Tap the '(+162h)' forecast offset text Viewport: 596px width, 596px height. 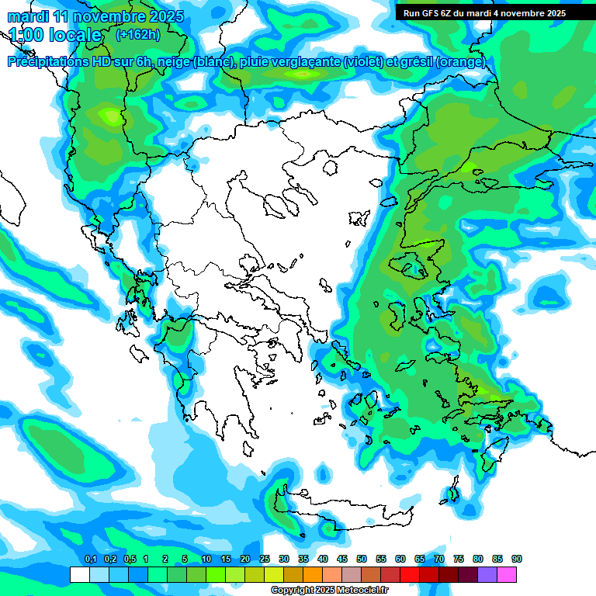[x=137, y=34]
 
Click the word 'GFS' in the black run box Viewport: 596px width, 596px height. [x=429, y=13]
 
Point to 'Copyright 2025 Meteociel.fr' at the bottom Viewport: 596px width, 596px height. [x=330, y=591]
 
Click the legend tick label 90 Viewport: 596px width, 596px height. [x=517, y=559]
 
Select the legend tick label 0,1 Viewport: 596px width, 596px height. [x=90, y=559]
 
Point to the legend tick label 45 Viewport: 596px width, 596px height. [x=342, y=559]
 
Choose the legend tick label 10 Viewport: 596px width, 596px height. [x=206, y=559]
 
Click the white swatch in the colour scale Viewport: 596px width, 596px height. [x=80, y=574]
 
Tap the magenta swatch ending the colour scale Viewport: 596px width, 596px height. [x=507, y=574]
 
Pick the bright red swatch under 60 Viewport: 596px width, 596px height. [x=410, y=574]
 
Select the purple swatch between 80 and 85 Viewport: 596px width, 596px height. [x=487, y=574]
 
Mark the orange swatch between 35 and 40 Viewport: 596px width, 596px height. [x=313, y=574]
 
